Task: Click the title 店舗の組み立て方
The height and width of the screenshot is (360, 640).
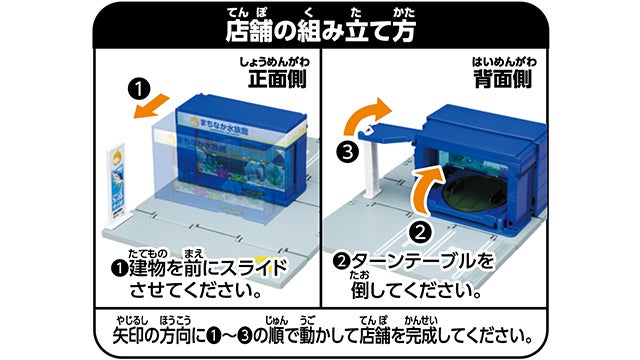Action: pos(320,31)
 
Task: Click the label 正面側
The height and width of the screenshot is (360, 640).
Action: pos(277,78)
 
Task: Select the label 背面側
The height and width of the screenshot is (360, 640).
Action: pos(503,78)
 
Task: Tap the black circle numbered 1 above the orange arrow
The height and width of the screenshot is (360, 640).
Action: pos(139,89)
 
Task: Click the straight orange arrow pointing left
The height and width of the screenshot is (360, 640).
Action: pos(151,106)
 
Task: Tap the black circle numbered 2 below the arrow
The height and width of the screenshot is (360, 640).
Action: pos(421,233)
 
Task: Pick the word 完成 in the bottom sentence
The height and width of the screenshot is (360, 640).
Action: pos(421,337)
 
